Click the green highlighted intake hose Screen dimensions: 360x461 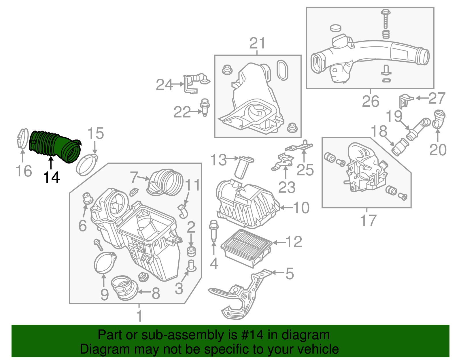(53, 146)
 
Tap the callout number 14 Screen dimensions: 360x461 (51, 178)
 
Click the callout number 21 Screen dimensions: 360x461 (257, 44)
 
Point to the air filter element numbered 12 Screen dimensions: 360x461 (246, 246)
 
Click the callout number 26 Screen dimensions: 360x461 (371, 101)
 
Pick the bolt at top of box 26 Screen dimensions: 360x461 (385, 19)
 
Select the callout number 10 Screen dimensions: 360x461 (301, 208)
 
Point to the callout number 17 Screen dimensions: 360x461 (368, 221)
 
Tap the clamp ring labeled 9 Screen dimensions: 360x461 (105, 263)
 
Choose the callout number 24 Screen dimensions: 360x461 (164, 85)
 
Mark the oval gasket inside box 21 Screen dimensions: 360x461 (282, 70)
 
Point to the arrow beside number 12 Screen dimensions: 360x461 (278, 242)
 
